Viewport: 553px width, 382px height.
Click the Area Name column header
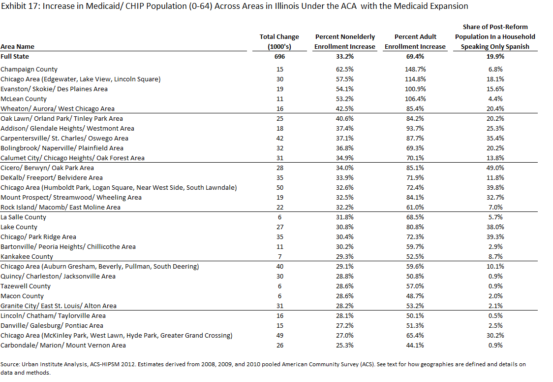click(x=17, y=47)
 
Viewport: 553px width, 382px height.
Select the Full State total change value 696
click(x=279, y=57)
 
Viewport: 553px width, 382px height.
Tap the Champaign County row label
click(x=29, y=69)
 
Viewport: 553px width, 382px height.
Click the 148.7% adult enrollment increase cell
click(x=415, y=69)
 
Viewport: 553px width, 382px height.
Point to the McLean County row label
click(x=24, y=99)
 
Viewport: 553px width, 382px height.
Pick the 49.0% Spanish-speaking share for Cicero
click(x=495, y=168)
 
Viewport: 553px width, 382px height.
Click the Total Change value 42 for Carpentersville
click(x=279, y=138)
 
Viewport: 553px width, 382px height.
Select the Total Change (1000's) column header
click(x=279, y=42)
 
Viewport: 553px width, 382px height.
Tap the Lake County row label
click(x=19, y=227)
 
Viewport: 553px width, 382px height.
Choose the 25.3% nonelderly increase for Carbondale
click(x=344, y=345)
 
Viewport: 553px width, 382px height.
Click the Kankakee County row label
click(x=27, y=256)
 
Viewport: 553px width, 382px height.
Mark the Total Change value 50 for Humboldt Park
click(x=279, y=188)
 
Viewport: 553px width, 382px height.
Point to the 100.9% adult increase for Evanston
click(x=415, y=89)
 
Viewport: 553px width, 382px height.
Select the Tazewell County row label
click(x=26, y=286)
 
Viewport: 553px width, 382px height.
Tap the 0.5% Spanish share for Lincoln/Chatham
click(x=495, y=315)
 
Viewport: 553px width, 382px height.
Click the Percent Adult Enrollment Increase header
click(x=415, y=42)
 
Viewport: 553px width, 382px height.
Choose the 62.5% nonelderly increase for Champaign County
click(x=344, y=69)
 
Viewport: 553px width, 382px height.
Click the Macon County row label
click(x=22, y=296)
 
